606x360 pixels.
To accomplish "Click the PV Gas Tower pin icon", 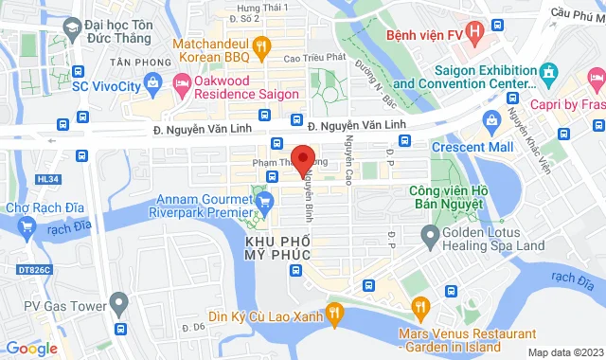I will point(118,304).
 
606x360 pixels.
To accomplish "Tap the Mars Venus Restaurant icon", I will point(418,306).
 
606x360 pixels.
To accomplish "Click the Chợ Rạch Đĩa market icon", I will point(26,225).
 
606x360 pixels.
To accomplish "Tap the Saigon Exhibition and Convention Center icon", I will point(546,73).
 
